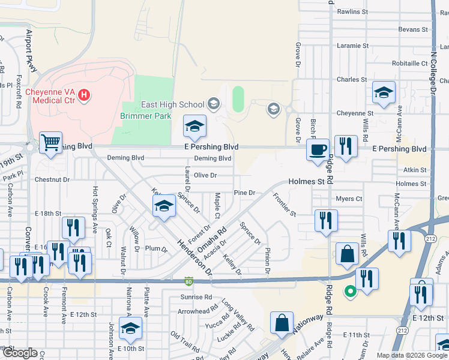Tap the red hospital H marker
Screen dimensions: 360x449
(x=85, y=95)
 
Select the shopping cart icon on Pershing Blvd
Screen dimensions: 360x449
(x=50, y=143)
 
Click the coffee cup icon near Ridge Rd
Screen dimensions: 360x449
(x=317, y=149)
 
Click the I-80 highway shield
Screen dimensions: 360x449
(x=189, y=280)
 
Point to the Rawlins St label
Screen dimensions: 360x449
(x=352, y=11)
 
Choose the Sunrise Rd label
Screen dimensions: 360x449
(x=196, y=297)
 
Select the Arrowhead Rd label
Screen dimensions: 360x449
(x=197, y=311)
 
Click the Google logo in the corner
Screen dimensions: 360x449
(x=20, y=353)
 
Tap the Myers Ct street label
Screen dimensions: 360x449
(x=349, y=199)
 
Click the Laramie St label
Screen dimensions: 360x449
(x=352, y=46)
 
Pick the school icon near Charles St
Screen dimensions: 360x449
(x=384, y=92)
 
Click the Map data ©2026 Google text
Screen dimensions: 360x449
(x=412, y=355)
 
